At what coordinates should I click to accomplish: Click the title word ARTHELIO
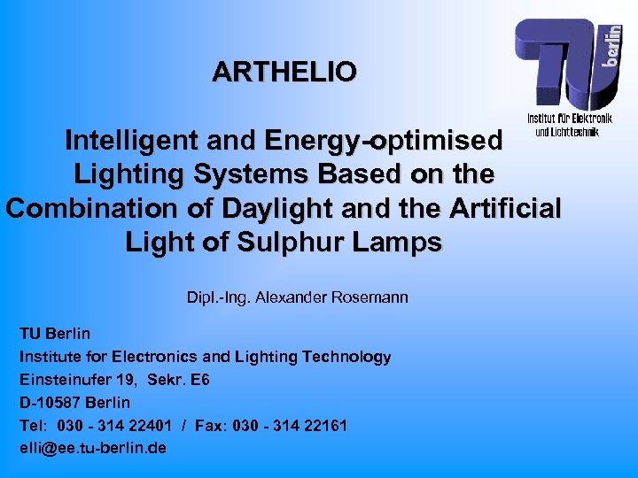pos(284,71)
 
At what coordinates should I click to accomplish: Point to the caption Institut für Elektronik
pos(570,119)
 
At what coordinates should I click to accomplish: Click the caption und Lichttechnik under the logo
pos(567,132)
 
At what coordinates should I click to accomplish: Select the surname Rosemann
pos(370,297)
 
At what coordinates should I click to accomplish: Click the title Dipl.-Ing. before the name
pos(218,297)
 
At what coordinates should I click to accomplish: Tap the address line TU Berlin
pos(55,334)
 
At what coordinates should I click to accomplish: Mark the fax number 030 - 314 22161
pos(290,426)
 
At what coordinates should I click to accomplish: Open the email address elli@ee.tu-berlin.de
pos(93,448)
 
